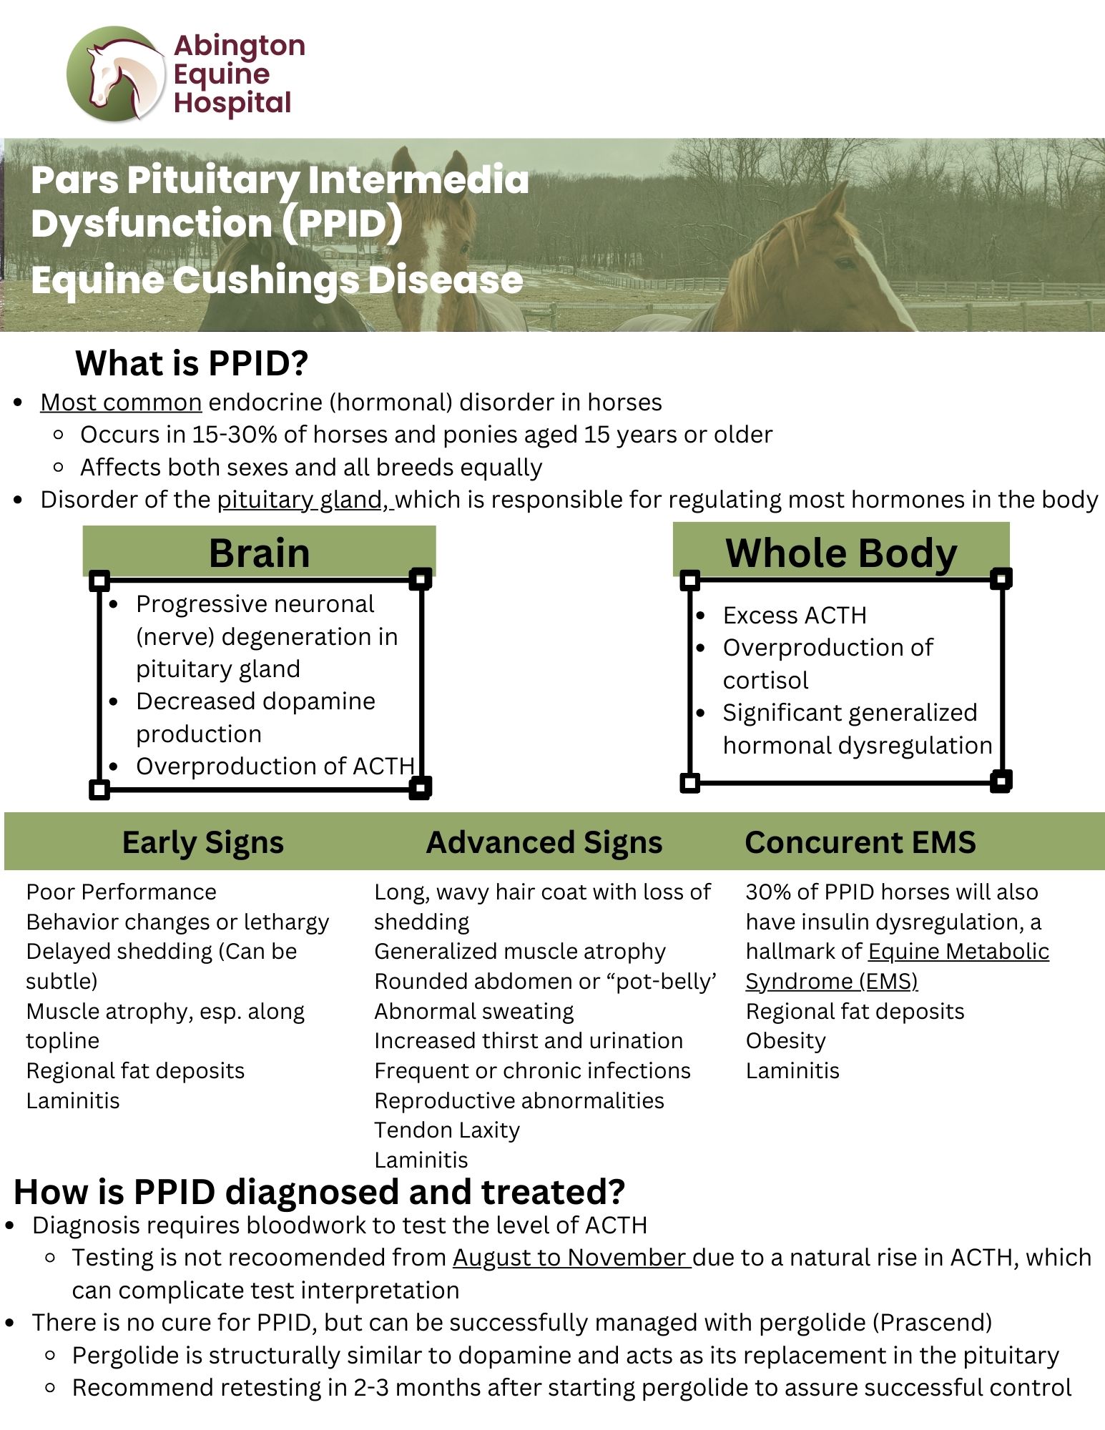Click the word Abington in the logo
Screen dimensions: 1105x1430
tap(240, 46)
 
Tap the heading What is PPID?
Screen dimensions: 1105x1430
tap(192, 363)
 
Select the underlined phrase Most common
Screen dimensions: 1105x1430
tap(121, 402)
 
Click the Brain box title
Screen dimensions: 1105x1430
tap(259, 553)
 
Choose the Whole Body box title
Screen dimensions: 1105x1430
tap(841, 553)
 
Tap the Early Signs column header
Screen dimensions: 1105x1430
tap(203, 842)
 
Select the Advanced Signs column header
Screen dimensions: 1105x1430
tap(544, 842)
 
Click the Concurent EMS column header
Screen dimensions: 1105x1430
tap(860, 842)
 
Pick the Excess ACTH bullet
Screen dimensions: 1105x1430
tap(795, 615)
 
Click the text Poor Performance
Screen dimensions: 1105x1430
tap(121, 892)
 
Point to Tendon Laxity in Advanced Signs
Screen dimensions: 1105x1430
tap(447, 1130)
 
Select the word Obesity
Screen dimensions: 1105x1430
tap(785, 1041)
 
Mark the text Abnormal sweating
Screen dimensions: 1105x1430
tap(474, 1011)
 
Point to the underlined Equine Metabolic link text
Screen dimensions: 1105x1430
tap(958, 952)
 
